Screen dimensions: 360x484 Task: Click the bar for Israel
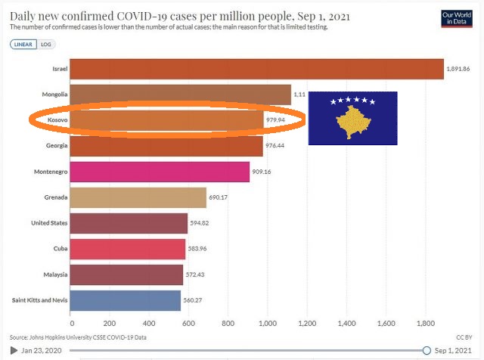click(x=257, y=69)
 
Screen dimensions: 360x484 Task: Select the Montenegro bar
click(x=160, y=172)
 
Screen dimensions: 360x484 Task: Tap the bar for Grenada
click(x=138, y=198)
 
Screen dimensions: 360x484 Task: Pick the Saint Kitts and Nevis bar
click(x=126, y=300)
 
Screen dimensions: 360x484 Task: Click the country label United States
click(x=49, y=223)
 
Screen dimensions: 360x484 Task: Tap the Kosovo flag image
click(x=352, y=118)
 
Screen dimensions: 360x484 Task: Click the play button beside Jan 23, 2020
click(x=14, y=350)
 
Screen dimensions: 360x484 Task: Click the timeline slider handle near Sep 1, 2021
click(x=427, y=350)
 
